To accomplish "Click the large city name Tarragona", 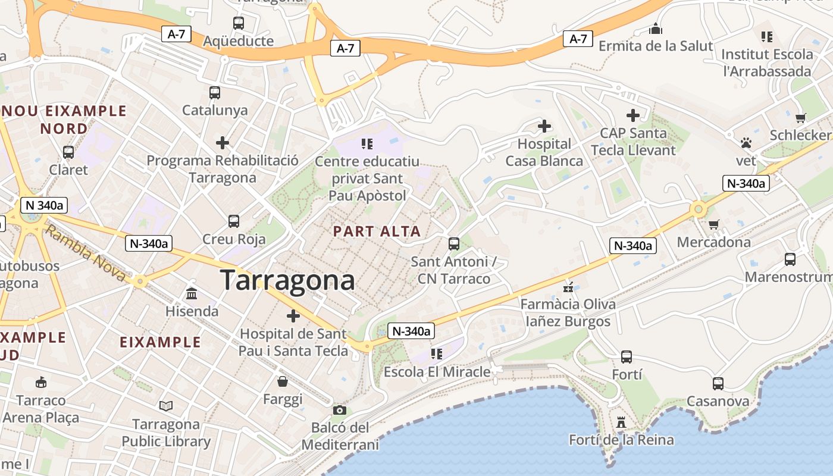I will tap(287, 280).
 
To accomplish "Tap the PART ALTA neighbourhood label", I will tap(377, 231).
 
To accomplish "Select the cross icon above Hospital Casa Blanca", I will tap(544, 126).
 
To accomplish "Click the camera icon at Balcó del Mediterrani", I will tap(339, 410).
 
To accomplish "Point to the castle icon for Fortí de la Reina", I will tap(621, 422).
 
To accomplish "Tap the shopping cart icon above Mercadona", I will tap(713, 224).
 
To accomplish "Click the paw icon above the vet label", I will tap(746, 143).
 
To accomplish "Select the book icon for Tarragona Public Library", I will tap(166, 406).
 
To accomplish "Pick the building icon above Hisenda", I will tap(192, 293).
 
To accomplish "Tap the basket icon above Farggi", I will tap(283, 381).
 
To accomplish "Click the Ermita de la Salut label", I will tap(655, 46).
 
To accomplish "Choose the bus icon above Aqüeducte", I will tap(238, 23).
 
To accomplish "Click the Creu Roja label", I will tap(234, 239).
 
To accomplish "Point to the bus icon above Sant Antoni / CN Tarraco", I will tap(453, 243).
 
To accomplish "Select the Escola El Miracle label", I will tap(437, 372).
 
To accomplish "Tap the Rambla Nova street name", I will tap(84, 253).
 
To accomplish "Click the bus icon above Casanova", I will tap(718, 384).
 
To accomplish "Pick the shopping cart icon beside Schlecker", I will tap(800, 118).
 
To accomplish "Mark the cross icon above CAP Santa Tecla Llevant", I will tap(632, 115).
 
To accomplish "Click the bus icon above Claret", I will tap(68, 152).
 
